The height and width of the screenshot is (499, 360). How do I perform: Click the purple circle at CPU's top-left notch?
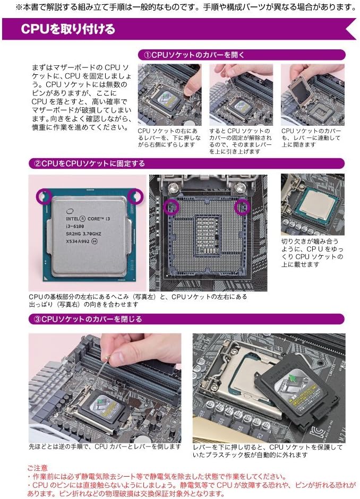(43, 196)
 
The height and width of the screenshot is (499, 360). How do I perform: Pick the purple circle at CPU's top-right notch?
(136, 196)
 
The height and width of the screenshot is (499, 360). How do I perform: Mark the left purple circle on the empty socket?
(171, 207)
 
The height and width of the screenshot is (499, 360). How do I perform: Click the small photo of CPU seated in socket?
(312, 204)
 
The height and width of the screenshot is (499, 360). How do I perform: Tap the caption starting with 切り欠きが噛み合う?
(312, 252)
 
